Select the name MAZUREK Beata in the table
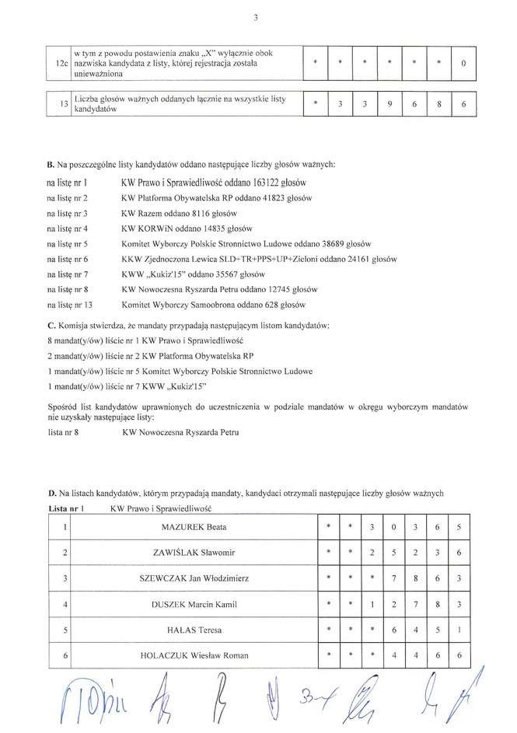[x=194, y=528]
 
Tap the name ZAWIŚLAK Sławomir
[x=194, y=553]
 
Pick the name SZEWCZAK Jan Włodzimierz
[x=194, y=579]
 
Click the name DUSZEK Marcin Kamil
[x=194, y=605]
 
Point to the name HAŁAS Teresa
[x=194, y=630]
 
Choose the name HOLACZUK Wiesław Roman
[x=194, y=657]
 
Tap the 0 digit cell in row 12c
[x=463, y=63]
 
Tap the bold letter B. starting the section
[x=51, y=166]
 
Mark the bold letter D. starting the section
[x=51, y=493]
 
